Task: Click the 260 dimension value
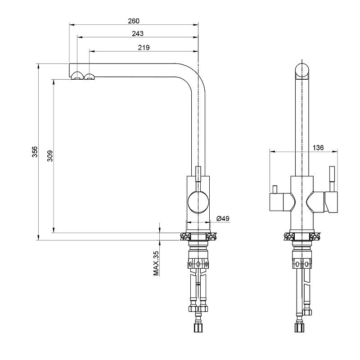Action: coord(134,21)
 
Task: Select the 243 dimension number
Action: coord(138,34)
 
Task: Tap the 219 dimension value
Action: coord(144,48)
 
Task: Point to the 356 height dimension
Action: coord(35,152)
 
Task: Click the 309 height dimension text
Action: coord(50,156)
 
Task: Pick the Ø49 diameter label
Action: coord(223,218)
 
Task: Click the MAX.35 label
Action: coord(156,263)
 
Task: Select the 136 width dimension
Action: coord(318,148)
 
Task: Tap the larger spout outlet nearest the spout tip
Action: coord(77,76)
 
